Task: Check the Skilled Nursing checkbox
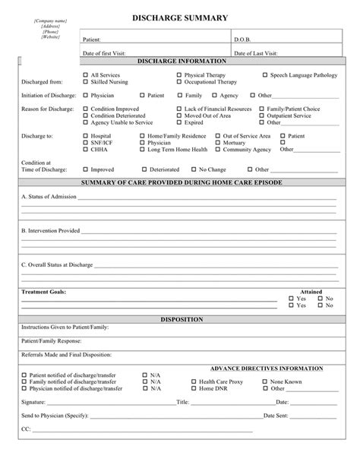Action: [x=85, y=81]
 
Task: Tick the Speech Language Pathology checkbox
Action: [x=264, y=75]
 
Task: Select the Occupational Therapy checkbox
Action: [x=179, y=81]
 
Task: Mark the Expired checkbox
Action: [x=179, y=122]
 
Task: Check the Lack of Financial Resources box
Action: [x=179, y=109]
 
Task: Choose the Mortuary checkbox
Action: [x=238, y=142]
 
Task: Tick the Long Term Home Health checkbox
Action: [x=163, y=149]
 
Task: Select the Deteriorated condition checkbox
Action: [x=144, y=169]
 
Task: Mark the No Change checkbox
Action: [x=193, y=169]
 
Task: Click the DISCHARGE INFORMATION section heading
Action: [x=180, y=60]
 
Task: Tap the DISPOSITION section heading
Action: [x=181, y=320]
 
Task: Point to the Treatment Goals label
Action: [x=43, y=292]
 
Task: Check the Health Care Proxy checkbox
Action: [x=193, y=381]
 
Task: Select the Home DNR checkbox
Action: [x=193, y=388]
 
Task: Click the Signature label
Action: [x=33, y=402]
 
